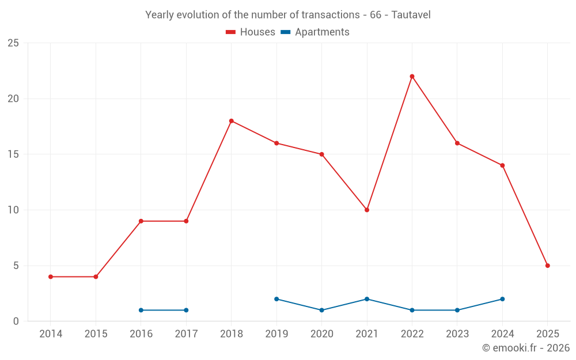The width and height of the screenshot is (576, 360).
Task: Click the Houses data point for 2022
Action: pos(412,76)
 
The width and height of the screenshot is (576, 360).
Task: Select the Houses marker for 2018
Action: pos(231,121)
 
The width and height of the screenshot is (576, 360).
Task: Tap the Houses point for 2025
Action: pos(547,266)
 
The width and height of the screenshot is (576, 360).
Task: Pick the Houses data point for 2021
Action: pos(367,210)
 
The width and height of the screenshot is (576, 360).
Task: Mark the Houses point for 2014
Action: pos(51,276)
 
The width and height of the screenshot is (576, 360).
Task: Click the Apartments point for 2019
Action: pos(276,299)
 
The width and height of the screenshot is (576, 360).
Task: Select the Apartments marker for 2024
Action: pos(502,299)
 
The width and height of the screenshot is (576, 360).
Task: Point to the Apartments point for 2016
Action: pos(141,310)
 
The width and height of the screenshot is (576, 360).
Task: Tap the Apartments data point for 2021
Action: pos(367,299)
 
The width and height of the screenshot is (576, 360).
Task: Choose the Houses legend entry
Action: pos(251,32)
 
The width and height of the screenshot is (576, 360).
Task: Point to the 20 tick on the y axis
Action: pos(13,98)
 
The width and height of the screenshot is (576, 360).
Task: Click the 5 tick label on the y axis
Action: pos(16,266)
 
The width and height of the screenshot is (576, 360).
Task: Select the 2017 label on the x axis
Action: pos(186,334)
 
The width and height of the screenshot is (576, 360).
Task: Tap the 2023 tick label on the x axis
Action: pos(457,334)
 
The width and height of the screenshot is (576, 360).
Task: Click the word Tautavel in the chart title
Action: pos(411,15)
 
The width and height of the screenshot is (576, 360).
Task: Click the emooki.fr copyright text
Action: pos(525,348)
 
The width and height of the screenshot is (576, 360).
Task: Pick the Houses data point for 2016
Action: pos(141,221)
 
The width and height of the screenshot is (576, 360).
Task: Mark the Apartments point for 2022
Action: pos(412,310)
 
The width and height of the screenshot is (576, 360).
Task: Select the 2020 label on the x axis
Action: pos(321,334)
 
